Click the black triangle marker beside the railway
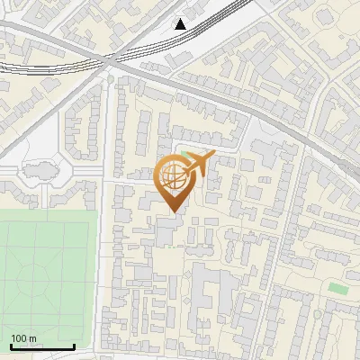(181, 24)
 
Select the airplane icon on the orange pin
(197, 164)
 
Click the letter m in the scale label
(33, 338)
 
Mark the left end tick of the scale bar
(11, 346)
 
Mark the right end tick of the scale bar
(74, 346)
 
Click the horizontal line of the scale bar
(42, 346)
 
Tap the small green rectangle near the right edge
(337, 288)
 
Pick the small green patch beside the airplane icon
(186, 156)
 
